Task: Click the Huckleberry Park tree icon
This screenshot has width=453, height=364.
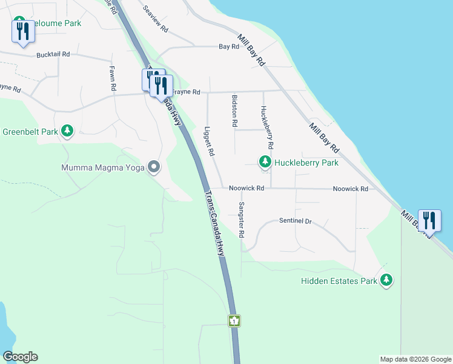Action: (x=265, y=162)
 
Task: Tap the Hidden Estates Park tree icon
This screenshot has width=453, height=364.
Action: (x=386, y=280)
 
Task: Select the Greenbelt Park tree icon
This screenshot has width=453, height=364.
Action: (x=67, y=131)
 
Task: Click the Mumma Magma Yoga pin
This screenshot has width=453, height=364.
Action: (x=154, y=166)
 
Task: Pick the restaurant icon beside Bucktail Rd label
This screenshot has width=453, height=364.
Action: (x=23, y=31)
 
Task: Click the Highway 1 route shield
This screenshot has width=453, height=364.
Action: (x=234, y=320)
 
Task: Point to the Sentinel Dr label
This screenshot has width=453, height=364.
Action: (x=295, y=221)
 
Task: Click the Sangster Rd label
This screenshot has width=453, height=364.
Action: (x=241, y=220)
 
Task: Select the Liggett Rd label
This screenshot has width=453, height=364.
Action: (x=208, y=141)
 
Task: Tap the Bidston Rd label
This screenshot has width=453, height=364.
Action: (x=234, y=110)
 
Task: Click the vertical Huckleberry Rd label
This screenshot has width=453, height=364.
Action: (x=267, y=128)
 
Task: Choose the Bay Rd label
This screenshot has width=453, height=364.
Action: (x=229, y=46)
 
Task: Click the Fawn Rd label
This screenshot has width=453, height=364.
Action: (x=113, y=78)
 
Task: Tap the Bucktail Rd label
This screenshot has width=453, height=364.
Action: (x=53, y=54)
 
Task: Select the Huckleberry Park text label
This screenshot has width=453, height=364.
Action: (x=306, y=163)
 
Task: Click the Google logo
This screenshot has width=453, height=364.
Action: (x=20, y=357)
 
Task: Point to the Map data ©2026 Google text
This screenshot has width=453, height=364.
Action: (x=415, y=359)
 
